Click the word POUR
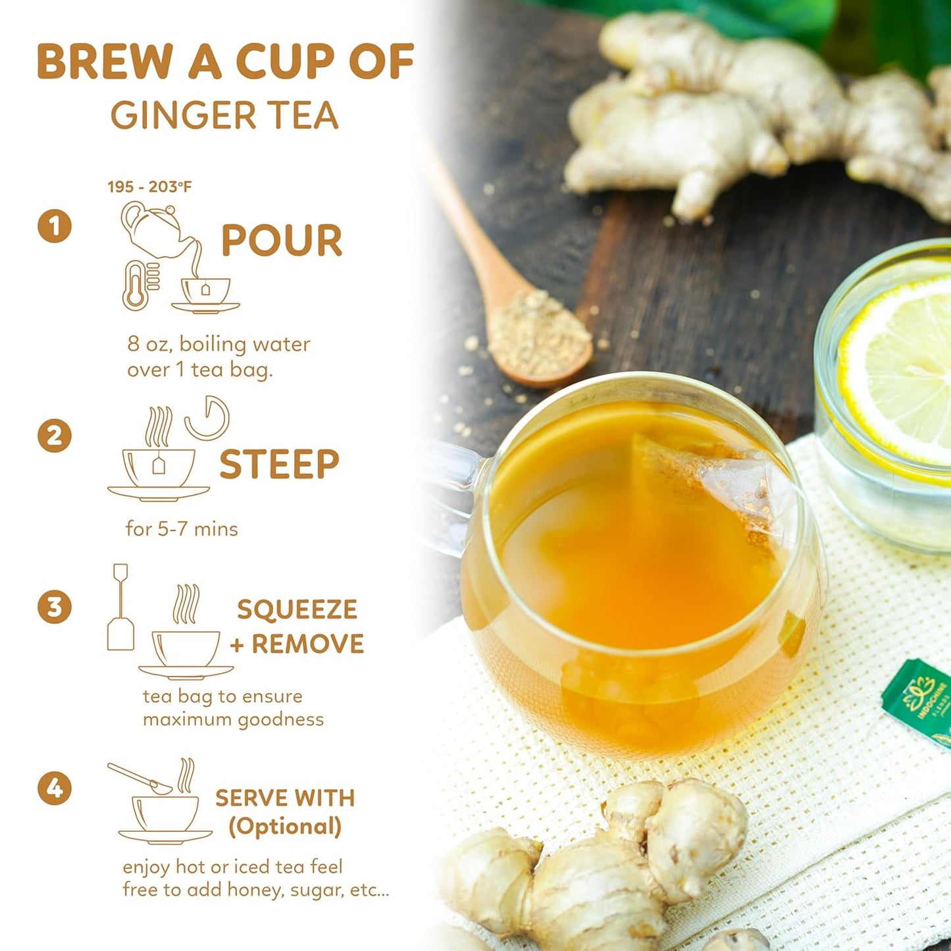(x=282, y=240)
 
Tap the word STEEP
(x=279, y=465)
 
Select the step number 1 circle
(x=55, y=226)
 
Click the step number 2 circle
(x=55, y=436)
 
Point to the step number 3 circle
(x=55, y=607)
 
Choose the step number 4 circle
(x=55, y=788)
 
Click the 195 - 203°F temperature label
(x=149, y=187)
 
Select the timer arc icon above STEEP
(x=208, y=418)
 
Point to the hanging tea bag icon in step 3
(x=120, y=609)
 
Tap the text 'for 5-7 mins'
(x=182, y=529)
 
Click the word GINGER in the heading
(x=183, y=116)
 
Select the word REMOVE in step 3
(x=307, y=644)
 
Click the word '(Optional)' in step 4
(x=285, y=827)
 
